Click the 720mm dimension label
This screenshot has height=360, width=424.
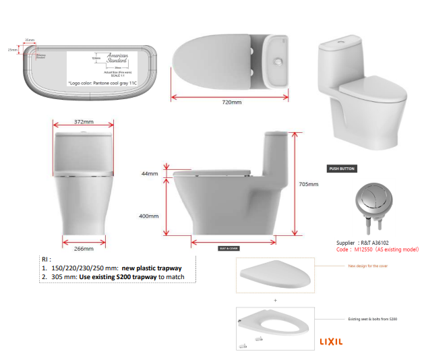pos(231,102)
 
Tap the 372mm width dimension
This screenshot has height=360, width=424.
pos(84,122)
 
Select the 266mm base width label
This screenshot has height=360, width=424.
pos(84,249)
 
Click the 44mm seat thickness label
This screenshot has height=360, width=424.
pos(149,174)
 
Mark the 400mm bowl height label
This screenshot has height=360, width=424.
pos(149,216)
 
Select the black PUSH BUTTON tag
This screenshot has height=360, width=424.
pos(342,169)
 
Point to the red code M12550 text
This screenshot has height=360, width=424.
pos(377,249)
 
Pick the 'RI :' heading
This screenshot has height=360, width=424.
pos(46,259)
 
